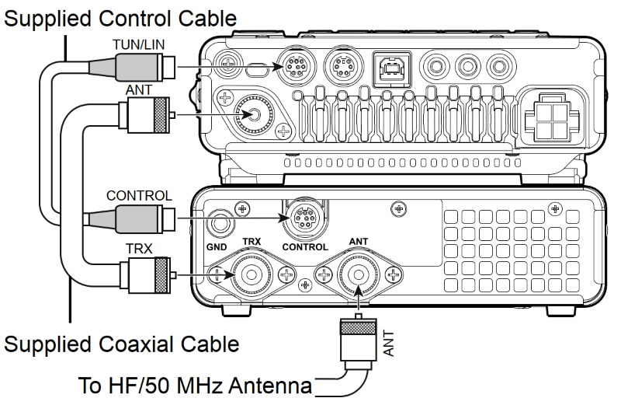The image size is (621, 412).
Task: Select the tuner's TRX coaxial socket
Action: click(252, 274)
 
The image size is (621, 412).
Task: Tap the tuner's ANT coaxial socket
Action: click(359, 274)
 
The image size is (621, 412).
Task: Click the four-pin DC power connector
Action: click(551, 120)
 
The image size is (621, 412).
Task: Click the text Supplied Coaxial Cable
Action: click(121, 342)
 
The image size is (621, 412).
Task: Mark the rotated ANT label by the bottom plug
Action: click(389, 342)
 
